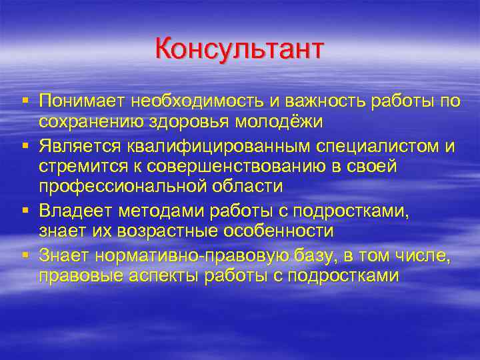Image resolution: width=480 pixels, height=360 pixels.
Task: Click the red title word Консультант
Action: point(239,50)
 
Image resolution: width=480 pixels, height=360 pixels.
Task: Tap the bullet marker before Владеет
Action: point(25,210)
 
